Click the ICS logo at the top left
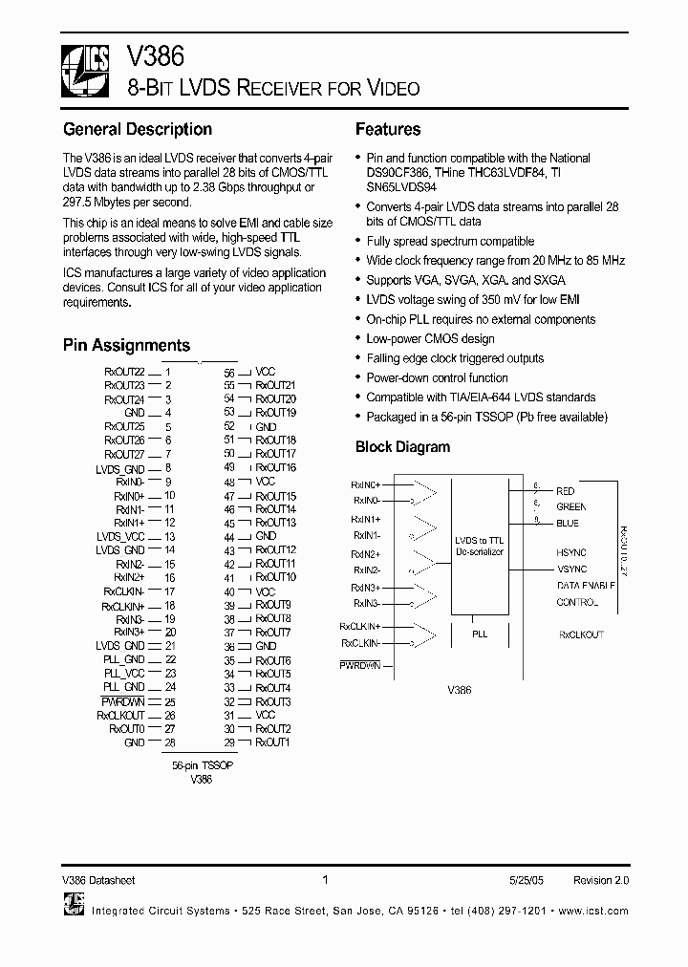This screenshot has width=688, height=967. tap(86, 73)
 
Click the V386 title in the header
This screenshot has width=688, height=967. tap(150, 58)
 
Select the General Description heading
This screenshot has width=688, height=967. tap(138, 129)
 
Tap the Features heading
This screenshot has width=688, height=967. tap(388, 129)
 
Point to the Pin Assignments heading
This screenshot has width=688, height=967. tap(126, 345)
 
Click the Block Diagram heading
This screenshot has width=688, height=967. tap(402, 446)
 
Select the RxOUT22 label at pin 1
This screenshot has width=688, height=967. tap(124, 372)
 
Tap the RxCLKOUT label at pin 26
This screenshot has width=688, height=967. tap(120, 715)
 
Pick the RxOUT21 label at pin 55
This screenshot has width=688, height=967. tap(275, 385)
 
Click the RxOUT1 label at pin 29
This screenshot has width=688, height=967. tap(272, 742)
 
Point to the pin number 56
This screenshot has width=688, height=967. tap(229, 372)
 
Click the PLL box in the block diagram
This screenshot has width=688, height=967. tap(480, 633)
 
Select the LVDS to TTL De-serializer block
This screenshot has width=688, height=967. tap(480, 547)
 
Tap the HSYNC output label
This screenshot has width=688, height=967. tap(571, 553)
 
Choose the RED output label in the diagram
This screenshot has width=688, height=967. tap(566, 491)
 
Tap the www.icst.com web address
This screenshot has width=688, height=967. tap(593, 911)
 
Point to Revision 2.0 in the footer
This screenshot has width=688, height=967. tap(601, 880)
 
